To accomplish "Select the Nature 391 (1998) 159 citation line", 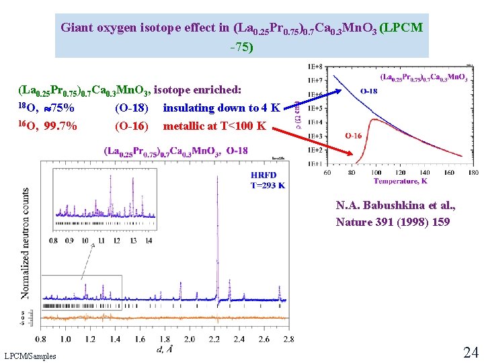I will tap(393, 222).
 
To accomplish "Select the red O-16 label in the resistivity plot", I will tap(354, 136).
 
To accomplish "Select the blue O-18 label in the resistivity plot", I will tap(369, 91).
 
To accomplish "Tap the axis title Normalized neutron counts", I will tap(26, 243).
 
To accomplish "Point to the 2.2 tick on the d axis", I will tap(214, 339).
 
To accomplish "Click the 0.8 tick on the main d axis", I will tap(40, 339).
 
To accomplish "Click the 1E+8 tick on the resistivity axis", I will tap(314, 67).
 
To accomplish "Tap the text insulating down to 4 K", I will tap(221, 108).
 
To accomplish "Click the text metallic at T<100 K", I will tap(214, 126).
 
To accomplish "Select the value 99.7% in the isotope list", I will tap(61, 126).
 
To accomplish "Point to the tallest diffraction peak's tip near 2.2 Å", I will tap(217, 171).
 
